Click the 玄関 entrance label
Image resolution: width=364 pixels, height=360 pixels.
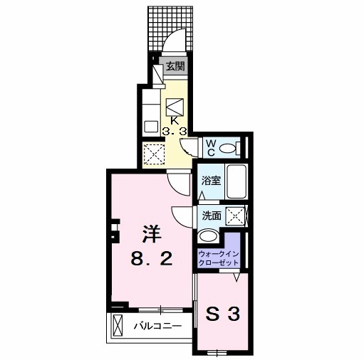click(175, 68)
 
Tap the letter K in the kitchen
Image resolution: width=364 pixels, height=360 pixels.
click(175, 120)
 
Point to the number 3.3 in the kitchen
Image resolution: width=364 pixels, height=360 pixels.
click(175, 132)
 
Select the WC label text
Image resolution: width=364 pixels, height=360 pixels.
click(212, 147)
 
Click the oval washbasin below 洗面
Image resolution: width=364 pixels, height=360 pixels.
click(209, 235)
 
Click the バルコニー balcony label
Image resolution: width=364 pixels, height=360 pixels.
click(157, 327)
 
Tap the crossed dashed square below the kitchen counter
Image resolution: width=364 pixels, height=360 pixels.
click(154, 152)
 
